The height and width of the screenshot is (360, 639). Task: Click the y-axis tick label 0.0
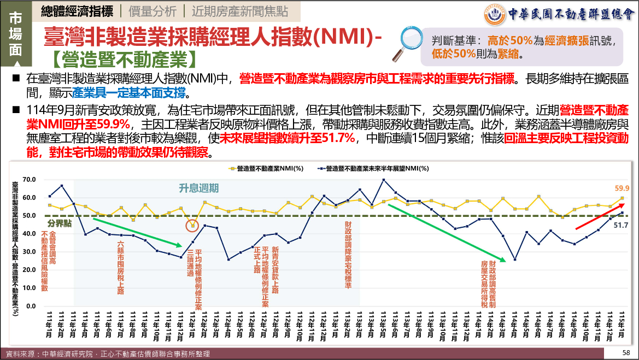[x=31, y=306]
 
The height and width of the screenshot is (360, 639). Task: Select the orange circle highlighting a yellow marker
[x=192, y=225]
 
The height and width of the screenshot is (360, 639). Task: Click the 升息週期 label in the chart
[x=199, y=188]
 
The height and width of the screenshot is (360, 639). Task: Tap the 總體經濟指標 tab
[x=77, y=10]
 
